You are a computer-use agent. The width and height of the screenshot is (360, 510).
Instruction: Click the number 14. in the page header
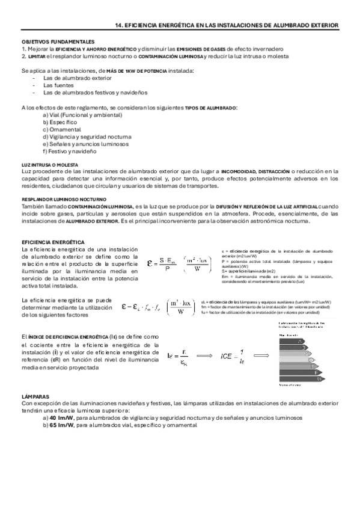119,25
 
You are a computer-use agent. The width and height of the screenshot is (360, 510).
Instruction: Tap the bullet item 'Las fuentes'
58,86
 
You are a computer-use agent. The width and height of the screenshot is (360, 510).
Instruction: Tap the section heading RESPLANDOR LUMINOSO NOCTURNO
63,199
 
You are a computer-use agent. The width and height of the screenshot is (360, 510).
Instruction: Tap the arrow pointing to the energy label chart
264,356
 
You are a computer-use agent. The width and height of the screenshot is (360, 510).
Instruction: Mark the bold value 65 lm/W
61,425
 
